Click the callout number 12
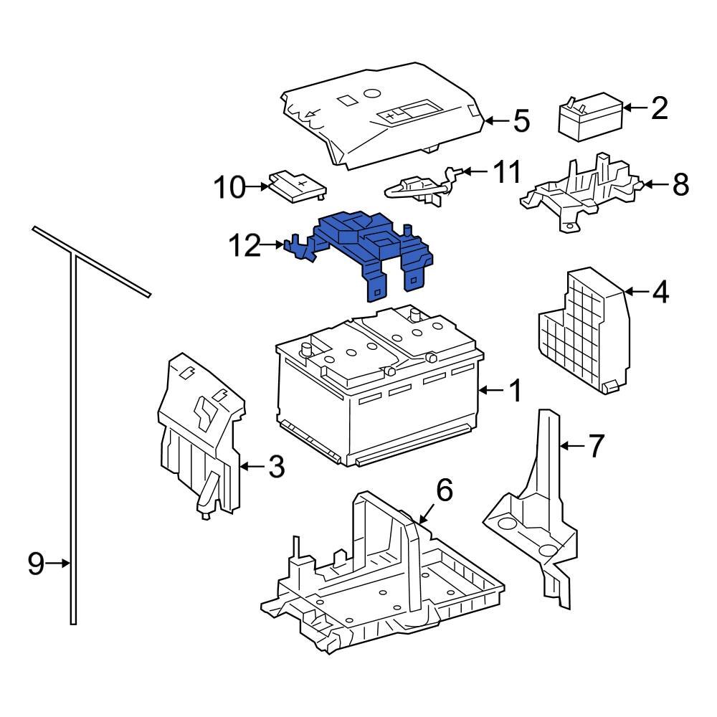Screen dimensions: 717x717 [x=243, y=246]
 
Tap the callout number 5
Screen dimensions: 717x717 [x=521, y=121]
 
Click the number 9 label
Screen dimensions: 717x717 [x=36, y=564]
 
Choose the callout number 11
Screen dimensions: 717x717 [x=507, y=172]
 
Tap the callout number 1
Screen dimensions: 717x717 [x=514, y=391]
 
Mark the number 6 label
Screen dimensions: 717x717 [x=444, y=491]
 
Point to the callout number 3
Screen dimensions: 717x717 [x=276, y=467]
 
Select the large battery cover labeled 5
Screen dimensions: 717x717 [x=380, y=118]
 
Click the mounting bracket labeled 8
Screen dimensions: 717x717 [x=581, y=190]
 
